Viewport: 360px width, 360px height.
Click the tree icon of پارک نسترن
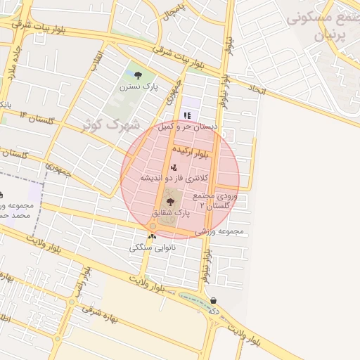point(137,76)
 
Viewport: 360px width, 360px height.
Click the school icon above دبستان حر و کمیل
point(187,115)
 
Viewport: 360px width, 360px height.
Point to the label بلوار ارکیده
point(191,151)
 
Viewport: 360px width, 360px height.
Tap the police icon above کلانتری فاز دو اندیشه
point(174,167)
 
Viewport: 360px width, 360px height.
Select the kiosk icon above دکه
point(214,300)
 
